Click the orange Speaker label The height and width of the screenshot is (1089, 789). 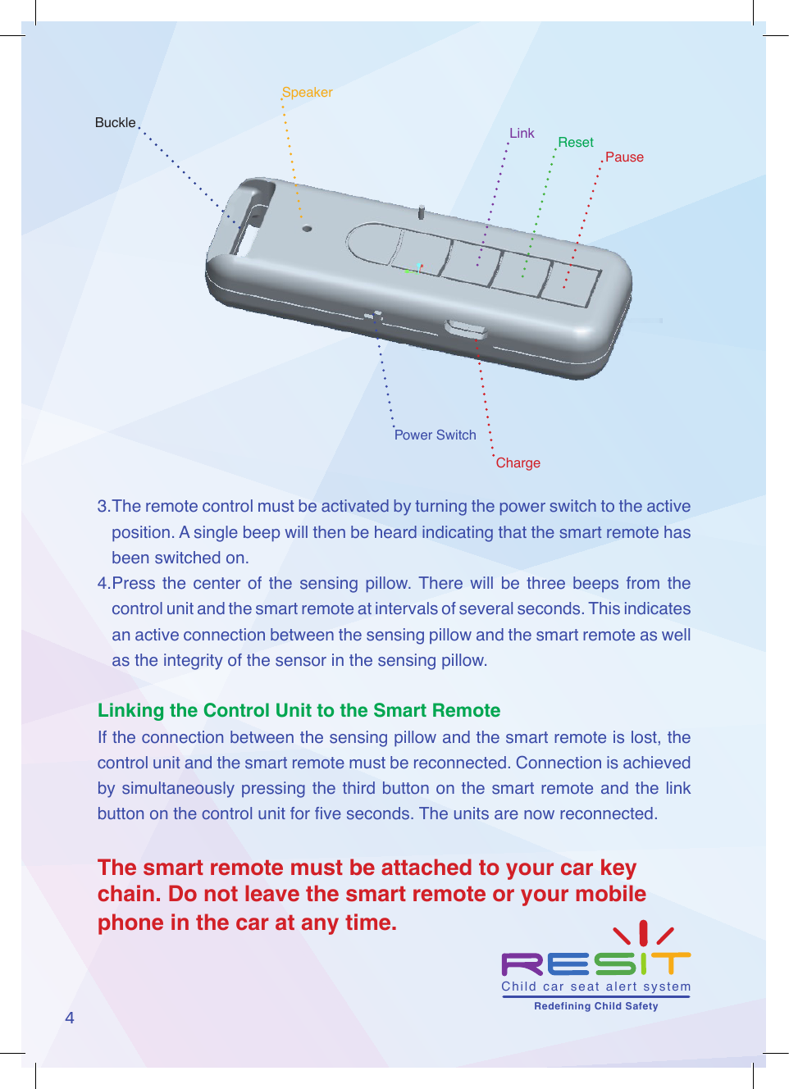[x=308, y=93]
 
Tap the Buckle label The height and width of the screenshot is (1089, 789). [x=115, y=123]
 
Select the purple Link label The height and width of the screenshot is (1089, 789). [x=522, y=134]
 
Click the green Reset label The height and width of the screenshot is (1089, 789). [x=576, y=143]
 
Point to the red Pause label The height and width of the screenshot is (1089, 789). [x=624, y=157]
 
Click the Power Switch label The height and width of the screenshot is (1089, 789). [x=435, y=435]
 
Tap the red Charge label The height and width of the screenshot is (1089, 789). [x=518, y=463]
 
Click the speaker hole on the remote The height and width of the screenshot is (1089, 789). [x=307, y=229]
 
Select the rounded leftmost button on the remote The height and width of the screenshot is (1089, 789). [x=373, y=244]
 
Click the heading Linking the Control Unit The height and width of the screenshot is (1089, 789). [x=299, y=711]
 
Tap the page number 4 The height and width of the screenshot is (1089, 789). [x=70, y=1018]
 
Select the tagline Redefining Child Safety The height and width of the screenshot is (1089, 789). [x=595, y=1006]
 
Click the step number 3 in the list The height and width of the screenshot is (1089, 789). [x=103, y=507]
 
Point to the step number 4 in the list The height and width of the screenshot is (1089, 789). [x=103, y=584]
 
